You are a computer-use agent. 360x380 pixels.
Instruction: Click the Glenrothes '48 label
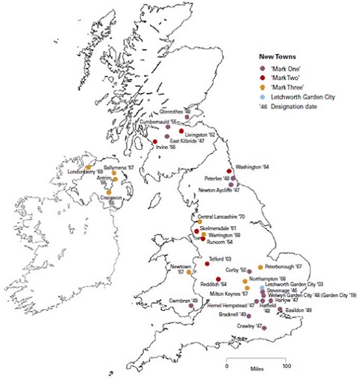[x=175, y=111]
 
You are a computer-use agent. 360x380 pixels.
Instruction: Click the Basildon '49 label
[x=298, y=309]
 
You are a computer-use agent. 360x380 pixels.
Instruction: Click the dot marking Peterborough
[x=260, y=267]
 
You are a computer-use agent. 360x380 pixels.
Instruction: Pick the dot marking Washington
[x=229, y=171]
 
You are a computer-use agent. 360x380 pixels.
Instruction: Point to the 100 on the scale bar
[x=287, y=366]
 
